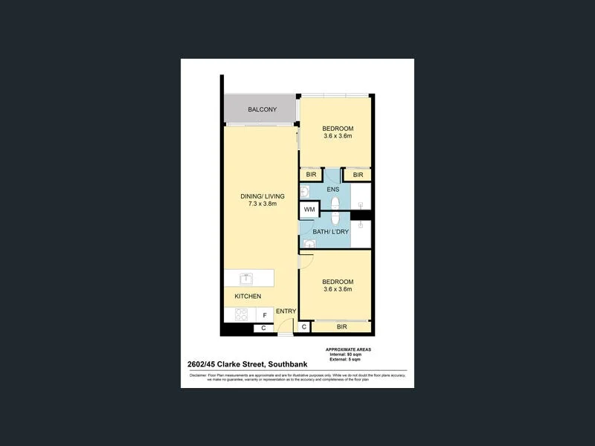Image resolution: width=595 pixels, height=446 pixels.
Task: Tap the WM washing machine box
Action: [x=309, y=210]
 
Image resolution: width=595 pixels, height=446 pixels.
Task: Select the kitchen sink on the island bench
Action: [x=246, y=279]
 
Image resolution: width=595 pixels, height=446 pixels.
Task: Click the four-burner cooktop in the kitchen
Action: [x=241, y=315]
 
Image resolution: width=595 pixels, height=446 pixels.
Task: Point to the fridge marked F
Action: [x=264, y=315]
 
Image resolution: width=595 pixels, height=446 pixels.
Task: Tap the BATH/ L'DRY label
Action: [x=331, y=232]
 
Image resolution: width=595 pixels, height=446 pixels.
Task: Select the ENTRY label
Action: [x=286, y=311]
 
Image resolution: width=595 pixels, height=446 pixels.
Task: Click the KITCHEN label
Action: [x=248, y=297]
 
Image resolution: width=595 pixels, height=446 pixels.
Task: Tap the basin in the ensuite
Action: [x=305, y=192]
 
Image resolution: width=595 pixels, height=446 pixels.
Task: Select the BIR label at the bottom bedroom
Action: [x=341, y=327]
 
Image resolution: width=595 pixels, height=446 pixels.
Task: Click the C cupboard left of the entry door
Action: [x=263, y=328]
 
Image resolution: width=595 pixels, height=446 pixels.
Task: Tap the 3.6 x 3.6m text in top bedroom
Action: [x=338, y=136]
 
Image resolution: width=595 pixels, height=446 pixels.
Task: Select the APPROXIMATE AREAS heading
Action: [x=348, y=349]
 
